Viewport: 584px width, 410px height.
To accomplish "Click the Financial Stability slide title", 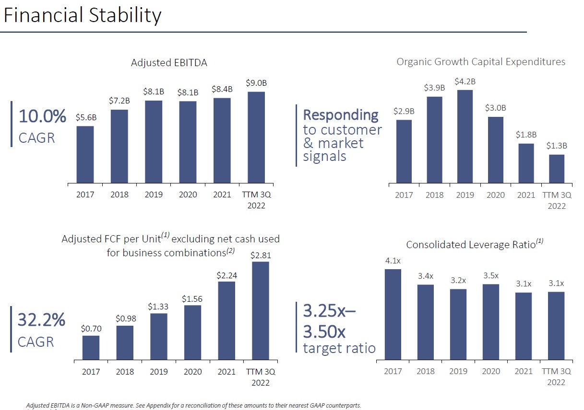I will [82, 15].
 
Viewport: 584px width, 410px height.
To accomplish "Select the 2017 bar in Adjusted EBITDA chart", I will [85, 154].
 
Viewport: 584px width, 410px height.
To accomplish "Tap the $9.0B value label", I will [256, 83].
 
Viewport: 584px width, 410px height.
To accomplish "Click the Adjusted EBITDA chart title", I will [169, 63].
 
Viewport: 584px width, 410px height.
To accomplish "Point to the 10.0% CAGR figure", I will [42, 117].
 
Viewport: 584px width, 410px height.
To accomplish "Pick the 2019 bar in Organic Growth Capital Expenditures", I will [465, 137].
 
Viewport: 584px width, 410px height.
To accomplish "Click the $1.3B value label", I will [557, 146].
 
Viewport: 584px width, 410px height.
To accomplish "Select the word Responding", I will [341, 115].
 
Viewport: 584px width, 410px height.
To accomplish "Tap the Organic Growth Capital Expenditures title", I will [481, 62].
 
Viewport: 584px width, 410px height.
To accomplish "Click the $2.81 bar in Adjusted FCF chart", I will [260, 310].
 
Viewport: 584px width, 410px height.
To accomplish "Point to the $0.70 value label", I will [91, 329].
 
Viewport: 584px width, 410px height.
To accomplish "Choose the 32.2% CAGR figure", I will [42, 320].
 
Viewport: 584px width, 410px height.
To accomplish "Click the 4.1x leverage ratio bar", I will [393, 314].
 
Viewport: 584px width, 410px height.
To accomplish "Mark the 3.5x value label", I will [490, 275].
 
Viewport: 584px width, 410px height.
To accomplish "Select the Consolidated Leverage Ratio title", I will [474, 244].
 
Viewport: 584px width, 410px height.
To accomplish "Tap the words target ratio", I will [339, 348].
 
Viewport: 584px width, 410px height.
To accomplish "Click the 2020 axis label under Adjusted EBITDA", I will [188, 195].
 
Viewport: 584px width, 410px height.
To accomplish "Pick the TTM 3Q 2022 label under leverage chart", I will [556, 376].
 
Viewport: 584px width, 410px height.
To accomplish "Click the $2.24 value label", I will [226, 275].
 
